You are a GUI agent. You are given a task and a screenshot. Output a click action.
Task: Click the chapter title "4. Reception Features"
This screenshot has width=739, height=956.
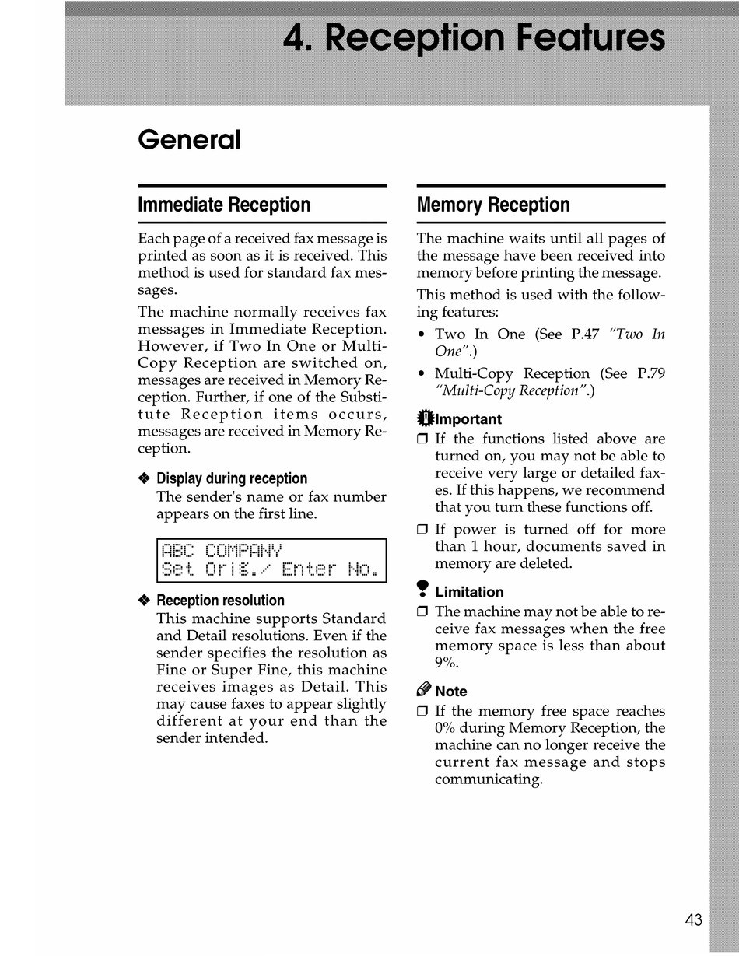point(474,37)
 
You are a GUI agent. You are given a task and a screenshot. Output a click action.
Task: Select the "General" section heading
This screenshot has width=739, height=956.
point(189,140)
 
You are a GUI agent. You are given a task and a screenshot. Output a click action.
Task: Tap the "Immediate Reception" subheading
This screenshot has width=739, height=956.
point(224,205)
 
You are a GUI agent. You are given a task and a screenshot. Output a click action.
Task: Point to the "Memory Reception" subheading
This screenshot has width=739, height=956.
point(493,205)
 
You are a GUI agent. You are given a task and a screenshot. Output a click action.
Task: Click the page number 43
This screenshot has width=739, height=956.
point(694,919)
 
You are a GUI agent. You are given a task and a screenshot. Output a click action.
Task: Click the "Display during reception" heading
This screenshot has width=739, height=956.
point(232,478)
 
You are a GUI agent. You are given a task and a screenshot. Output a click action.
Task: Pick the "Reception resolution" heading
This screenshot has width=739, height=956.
point(220,601)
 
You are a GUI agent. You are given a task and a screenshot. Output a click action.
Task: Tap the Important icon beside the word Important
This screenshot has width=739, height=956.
point(424,418)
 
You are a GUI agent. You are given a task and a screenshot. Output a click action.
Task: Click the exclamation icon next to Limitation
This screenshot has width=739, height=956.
point(424,591)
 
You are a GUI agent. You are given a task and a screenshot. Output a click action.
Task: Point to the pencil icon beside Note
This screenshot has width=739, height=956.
point(424,690)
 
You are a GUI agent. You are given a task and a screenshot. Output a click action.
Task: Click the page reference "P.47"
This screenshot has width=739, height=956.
point(585,334)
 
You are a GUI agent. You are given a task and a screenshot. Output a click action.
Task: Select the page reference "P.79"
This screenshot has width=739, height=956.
point(650,373)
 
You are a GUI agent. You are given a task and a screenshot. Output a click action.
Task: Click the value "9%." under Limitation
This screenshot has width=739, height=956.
point(447,663)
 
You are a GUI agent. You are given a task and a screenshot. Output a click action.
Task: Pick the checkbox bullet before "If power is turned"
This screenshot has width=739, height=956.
point(422,531)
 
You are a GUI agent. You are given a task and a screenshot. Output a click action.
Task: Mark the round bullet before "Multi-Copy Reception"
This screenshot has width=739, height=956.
point(421,374)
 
